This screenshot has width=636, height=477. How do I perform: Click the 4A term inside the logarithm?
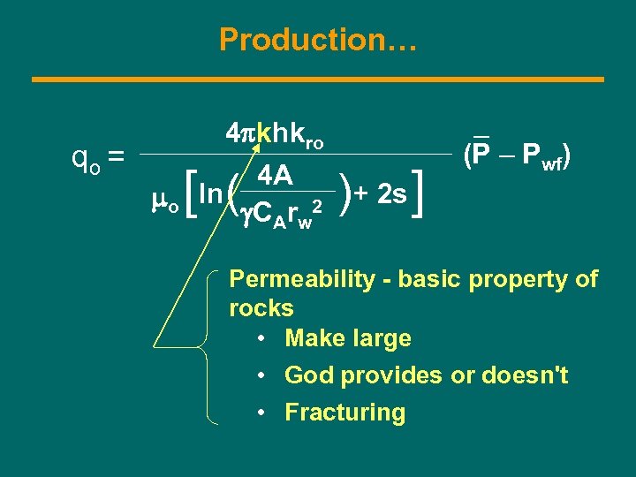point(276,177)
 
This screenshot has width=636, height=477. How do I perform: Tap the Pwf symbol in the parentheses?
point(541,156)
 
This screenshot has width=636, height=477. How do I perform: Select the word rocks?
point(261,308)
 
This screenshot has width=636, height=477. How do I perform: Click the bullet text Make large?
point(347,338)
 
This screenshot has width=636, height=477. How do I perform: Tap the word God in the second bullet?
point(307,375)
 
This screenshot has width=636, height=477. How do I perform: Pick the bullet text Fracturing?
point(344,413)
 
